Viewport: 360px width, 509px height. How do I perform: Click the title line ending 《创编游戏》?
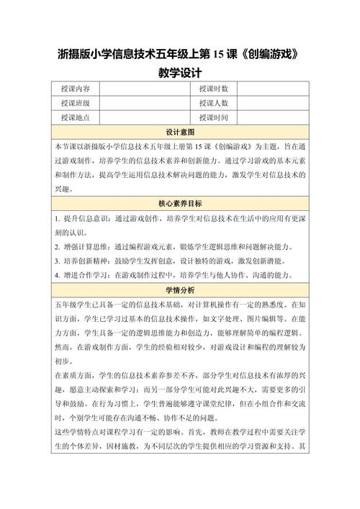pyautogui.click(x=179, y=55)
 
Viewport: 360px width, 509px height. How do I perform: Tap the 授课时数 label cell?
pyautogui.click(x=213, y=89)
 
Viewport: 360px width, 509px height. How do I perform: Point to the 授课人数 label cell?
pyautogui.click(x=213, y=103)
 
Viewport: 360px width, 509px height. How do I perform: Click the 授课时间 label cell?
pyautogui.click(x=213, y=117)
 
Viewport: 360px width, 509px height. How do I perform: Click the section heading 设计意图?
pyautogui.click(x=180, y=132)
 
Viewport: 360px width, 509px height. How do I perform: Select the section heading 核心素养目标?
pyautogui.click(x=180, y=204)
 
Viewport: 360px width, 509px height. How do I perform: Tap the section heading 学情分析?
pyautogui.click(x=180, y=290)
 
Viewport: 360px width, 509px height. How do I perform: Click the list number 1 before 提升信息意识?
pyautogui.click(x=57, y=217)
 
